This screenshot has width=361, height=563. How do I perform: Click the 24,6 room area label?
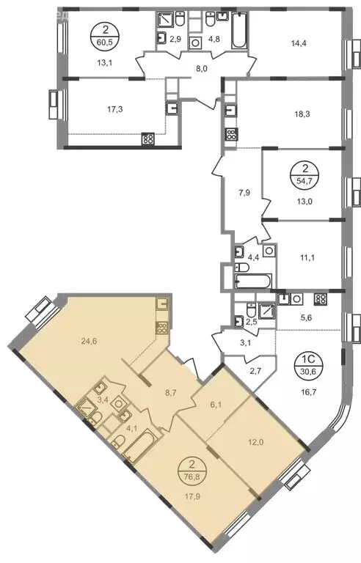click(x=90, y=340)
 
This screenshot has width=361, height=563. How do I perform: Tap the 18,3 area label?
click(x=302, y=114)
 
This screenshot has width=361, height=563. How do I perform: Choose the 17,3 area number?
click(x=115, y=108)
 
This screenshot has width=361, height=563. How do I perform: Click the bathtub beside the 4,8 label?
click(x=238, y=31)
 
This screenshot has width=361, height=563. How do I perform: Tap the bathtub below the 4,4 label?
click(x=253, y=281)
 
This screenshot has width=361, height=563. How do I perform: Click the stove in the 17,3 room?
click(x=147, y=139)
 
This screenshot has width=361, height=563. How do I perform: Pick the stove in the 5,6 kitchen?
click(x=320, y=299)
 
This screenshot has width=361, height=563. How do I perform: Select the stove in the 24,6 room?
click(x=162, y=328)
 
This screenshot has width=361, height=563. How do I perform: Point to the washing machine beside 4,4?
click(x=269, y=250)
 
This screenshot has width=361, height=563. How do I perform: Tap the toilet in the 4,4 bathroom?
click(x=241, y=268)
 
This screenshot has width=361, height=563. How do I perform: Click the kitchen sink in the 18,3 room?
click(x=230, y=111)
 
